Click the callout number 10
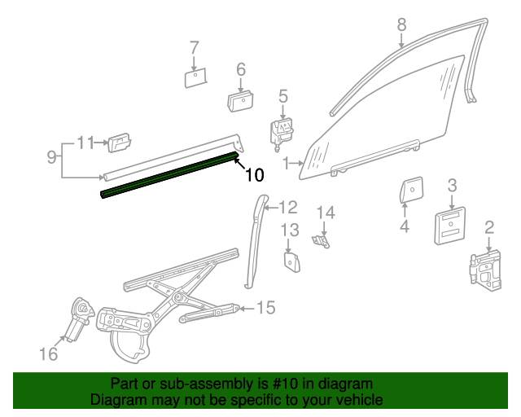(254, 174)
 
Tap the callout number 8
(401, 25)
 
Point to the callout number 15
(266, 308)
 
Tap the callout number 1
(286, 165)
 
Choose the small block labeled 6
(240, 101)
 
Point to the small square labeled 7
(195, 77)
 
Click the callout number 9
(50, 155)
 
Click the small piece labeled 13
(291, 262)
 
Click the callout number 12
(289, 207)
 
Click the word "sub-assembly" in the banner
(177, 384)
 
